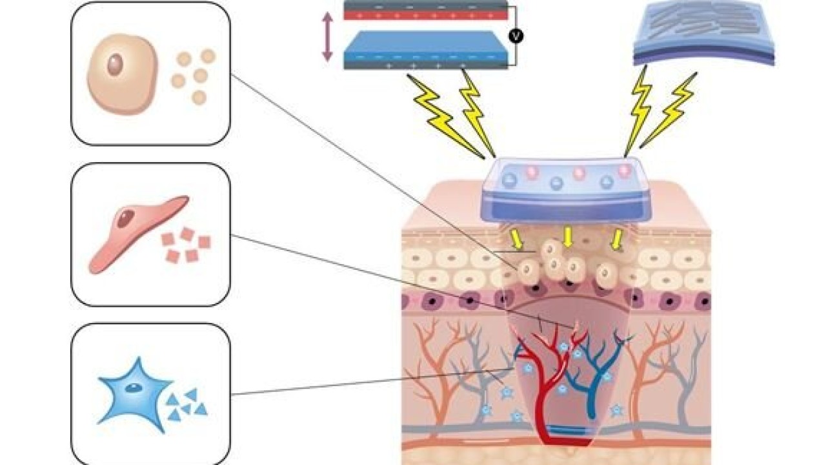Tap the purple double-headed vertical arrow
coord(327,37)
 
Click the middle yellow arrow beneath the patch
coord(567,236)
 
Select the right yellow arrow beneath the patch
coord(617,240)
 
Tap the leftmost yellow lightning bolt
coord(445,119)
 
